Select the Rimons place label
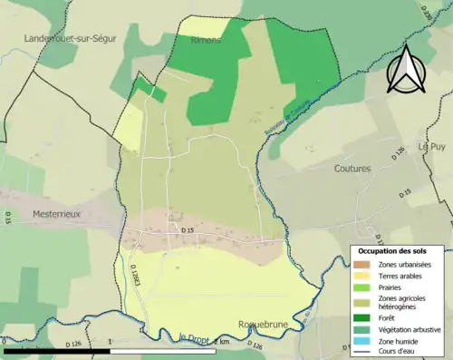(206, 41)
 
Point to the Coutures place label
(352, 169)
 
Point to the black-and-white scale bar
(72, 349)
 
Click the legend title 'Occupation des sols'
(399, 250)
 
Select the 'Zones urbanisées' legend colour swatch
(362, 264)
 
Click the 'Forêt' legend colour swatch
(362, 318)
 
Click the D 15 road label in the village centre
(188, 232)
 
